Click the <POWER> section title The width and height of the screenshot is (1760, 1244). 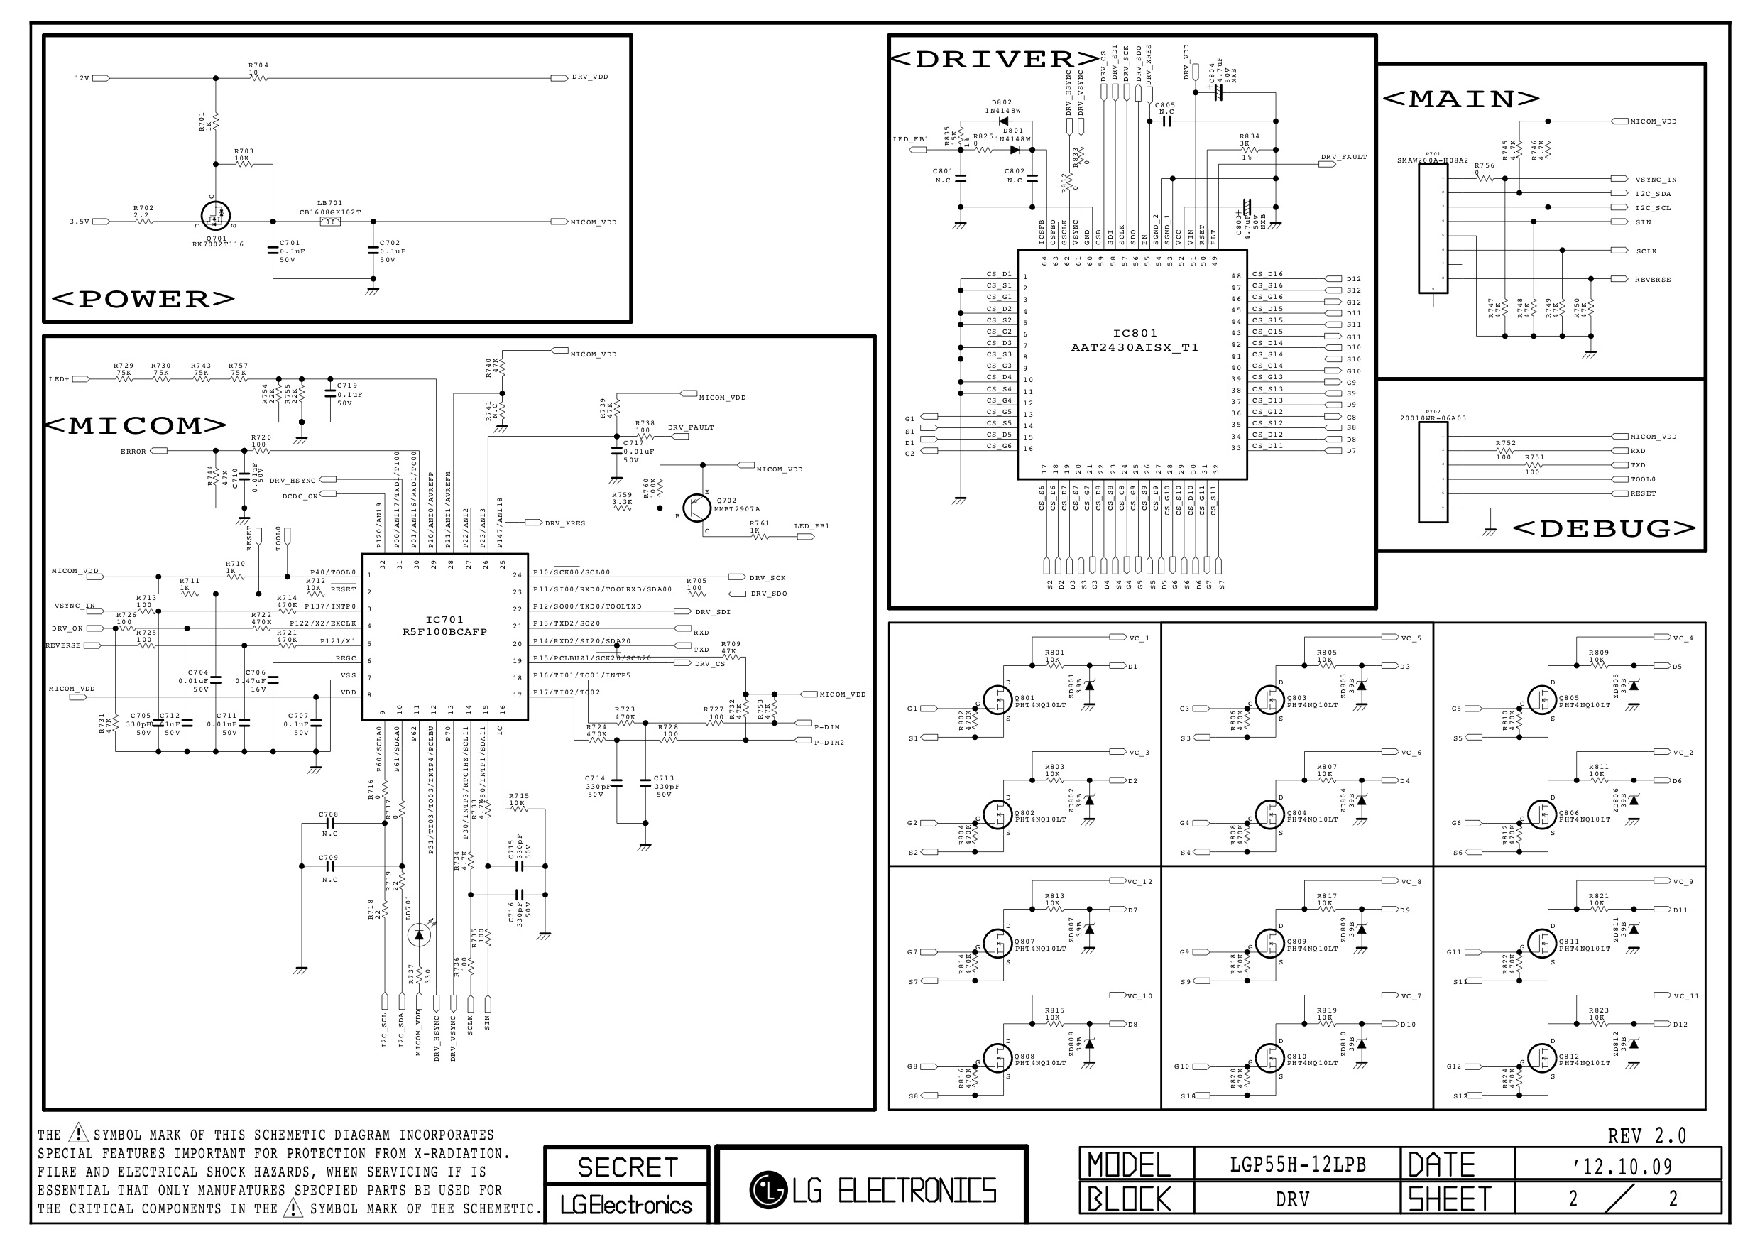click(143, 300)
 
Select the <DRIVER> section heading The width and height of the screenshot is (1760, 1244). click(994, 60)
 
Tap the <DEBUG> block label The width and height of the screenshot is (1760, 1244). click(1605, 529)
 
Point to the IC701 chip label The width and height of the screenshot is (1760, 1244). click(444, 619)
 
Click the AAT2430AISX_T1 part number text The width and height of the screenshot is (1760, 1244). click(1135, 347)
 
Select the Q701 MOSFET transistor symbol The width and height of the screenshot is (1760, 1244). click(215, 216)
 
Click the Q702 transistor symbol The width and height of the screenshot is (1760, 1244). click(696, 508)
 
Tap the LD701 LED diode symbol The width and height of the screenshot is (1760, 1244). click(419, 934)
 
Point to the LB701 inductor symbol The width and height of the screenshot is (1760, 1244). click(329, 222)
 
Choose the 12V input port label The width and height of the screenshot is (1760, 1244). click(82, 78)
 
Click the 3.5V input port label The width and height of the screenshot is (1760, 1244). click(80, 222)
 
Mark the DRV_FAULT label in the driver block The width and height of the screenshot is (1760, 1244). click(1344, 157)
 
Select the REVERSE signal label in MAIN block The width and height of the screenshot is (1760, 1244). click(1652, 280)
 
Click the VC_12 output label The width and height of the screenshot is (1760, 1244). click(1139, 881)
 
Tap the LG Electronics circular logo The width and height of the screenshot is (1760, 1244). click(768, 1189)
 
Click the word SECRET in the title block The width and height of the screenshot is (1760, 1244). click(627, 1167)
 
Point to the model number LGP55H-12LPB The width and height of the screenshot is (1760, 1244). click(1298, 1165)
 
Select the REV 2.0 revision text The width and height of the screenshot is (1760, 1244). click(1646, 1136)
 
